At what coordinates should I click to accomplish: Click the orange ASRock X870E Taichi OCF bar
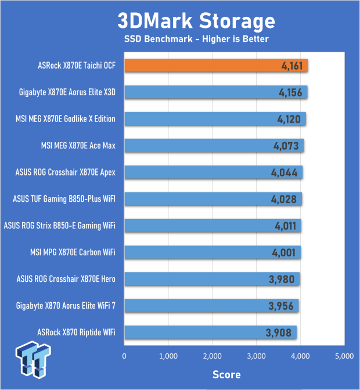point(216,66)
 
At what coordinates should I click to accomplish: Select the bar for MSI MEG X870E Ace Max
point(214,145)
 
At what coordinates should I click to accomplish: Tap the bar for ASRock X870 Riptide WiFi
point(210,332)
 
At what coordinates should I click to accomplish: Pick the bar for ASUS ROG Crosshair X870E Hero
point(212,279)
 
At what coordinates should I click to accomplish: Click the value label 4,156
point(290,92)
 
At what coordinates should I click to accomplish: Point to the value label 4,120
point(289,119)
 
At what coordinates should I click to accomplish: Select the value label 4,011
point(286,226)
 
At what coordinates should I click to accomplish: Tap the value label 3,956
point(281,306)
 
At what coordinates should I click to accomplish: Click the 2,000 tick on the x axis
point(212,356)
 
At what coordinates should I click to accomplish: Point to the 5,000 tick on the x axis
point(344,356)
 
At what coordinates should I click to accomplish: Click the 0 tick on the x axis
point(124,356)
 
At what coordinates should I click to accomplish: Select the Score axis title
point(226,374)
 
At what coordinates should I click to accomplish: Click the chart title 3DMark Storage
point(196,21)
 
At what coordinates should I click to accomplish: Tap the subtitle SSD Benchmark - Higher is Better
point(196,39)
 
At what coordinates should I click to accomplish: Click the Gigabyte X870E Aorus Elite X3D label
point(67,92)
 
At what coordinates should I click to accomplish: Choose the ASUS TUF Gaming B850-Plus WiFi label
point(64,199)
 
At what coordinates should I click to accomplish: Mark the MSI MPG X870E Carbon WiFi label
point(73,252)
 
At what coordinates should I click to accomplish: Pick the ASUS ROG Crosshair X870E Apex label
point(66,172)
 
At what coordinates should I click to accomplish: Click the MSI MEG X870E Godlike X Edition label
point(66,119)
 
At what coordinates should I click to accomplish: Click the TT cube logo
point(33,359)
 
